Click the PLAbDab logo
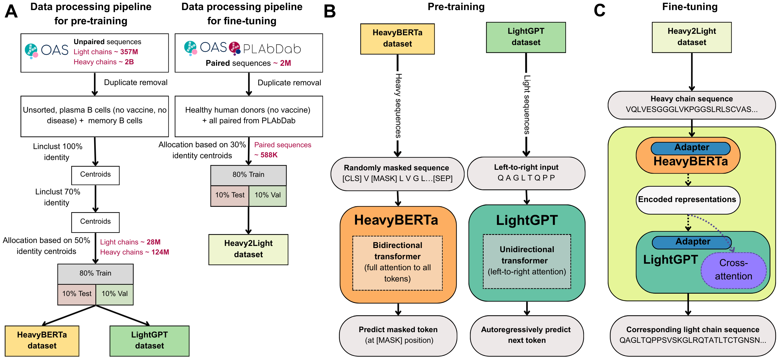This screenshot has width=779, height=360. (x=265, y=48)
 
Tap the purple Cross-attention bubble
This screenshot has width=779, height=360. (x=733, y=270)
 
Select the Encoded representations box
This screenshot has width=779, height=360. (x=687, y=200)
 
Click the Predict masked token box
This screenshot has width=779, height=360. (x=398, y=335)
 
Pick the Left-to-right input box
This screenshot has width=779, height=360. (x=526, y=173)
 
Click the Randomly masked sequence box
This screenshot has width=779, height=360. (x=397, y=174)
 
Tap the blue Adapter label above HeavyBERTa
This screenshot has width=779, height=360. (x=691, y=148)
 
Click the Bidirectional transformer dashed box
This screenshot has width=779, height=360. (x=397, y=262)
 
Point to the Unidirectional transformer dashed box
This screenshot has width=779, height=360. (x=527, y=261)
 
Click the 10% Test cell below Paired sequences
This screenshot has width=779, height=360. (x=230, y=195)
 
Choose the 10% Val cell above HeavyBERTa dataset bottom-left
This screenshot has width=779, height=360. (x=115, y=294)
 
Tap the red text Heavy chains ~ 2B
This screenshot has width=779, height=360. (x=104, y=62)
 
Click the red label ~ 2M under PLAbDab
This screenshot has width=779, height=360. (x=282, y=63)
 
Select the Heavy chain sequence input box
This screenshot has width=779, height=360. (x=691, y=104)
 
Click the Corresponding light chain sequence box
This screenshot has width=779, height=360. (x=692, y=335)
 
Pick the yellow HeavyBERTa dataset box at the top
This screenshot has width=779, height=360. (x=397, y=39)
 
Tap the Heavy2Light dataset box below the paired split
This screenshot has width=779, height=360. (x=248, y=249)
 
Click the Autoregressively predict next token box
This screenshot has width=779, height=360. (x=527, y=335)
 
